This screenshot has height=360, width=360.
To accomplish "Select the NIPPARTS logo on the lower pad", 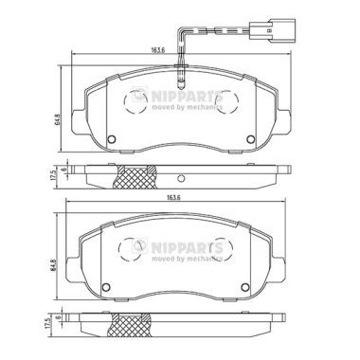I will pyautogui.click(x=183, y=247).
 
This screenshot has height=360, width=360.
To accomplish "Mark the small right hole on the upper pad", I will pyautogui.click(x=250, y=144).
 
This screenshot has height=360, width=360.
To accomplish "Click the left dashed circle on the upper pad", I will pyautogui.click(x=135, y=101).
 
